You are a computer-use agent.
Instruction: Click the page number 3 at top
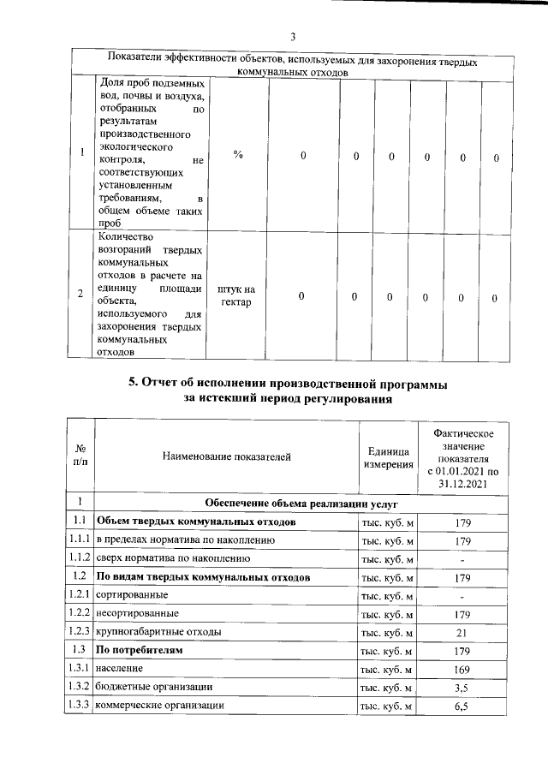click(292, 37)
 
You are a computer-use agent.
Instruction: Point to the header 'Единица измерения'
click(385, 456)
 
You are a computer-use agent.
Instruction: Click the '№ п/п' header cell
click(80, 456)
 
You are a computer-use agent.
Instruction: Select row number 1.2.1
click(80, 594)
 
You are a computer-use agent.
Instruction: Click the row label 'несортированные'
click(137, 613)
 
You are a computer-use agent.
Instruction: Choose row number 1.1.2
click(80, 558)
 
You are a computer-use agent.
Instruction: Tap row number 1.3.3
click(80, 706)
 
